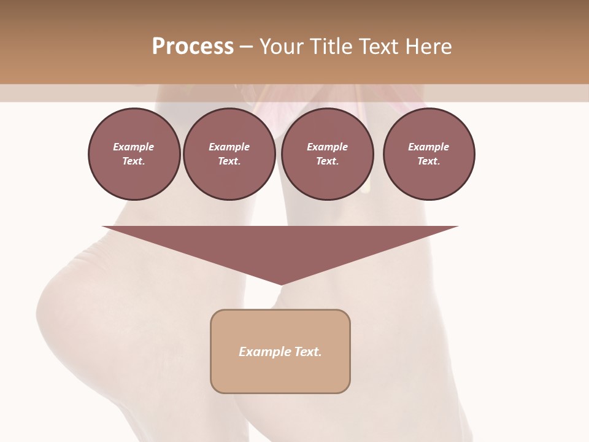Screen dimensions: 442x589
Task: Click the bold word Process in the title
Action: (193, 47)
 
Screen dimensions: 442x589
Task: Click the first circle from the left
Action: (134, 154)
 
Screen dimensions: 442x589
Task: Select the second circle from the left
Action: (229, 154)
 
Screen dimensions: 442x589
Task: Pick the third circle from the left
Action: (328, 154)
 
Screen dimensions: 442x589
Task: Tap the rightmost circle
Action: (429, 154)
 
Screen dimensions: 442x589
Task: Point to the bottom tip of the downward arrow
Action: (281, 284)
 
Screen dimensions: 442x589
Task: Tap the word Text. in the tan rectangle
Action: (307, 352)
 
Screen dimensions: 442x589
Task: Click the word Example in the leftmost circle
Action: (134, 147)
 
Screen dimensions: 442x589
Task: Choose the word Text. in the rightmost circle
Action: (429, 161)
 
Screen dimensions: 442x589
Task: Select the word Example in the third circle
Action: (328, 147)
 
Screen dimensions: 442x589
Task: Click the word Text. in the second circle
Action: (229, 161)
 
